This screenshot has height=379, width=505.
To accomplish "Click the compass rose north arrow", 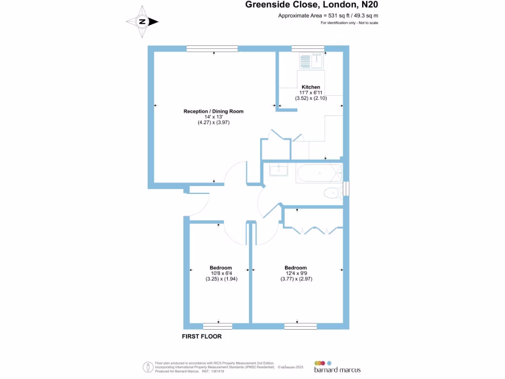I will click(x=142, y=22).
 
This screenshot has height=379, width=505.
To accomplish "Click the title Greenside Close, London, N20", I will click(x=313, y=5).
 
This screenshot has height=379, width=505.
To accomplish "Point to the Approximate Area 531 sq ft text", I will click(x=328, y=16).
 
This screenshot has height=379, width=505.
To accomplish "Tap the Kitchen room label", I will click(x=311, y=87).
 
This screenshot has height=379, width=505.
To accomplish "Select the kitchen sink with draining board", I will click(x=311, y=61).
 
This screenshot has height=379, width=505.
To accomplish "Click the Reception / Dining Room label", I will click(x=214, y=111).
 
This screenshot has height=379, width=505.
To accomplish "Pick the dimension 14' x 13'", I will click(x=214, y=116).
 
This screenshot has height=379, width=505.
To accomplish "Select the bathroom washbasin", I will click(x=279, y=170).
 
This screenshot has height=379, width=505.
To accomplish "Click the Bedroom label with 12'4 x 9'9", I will click(x=295, y=268).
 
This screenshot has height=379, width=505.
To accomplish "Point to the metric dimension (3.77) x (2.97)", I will click(x=296, y=279).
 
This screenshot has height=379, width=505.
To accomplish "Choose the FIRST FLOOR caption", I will click(x=202, y=337).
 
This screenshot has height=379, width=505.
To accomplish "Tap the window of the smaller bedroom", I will click(x=217, y=326).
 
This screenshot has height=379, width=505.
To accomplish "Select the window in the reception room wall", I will click(x=212, y=48).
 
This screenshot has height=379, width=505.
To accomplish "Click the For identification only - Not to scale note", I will click(x=349, y=23).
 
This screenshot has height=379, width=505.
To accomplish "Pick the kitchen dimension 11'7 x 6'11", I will click(x=311, y=92).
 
